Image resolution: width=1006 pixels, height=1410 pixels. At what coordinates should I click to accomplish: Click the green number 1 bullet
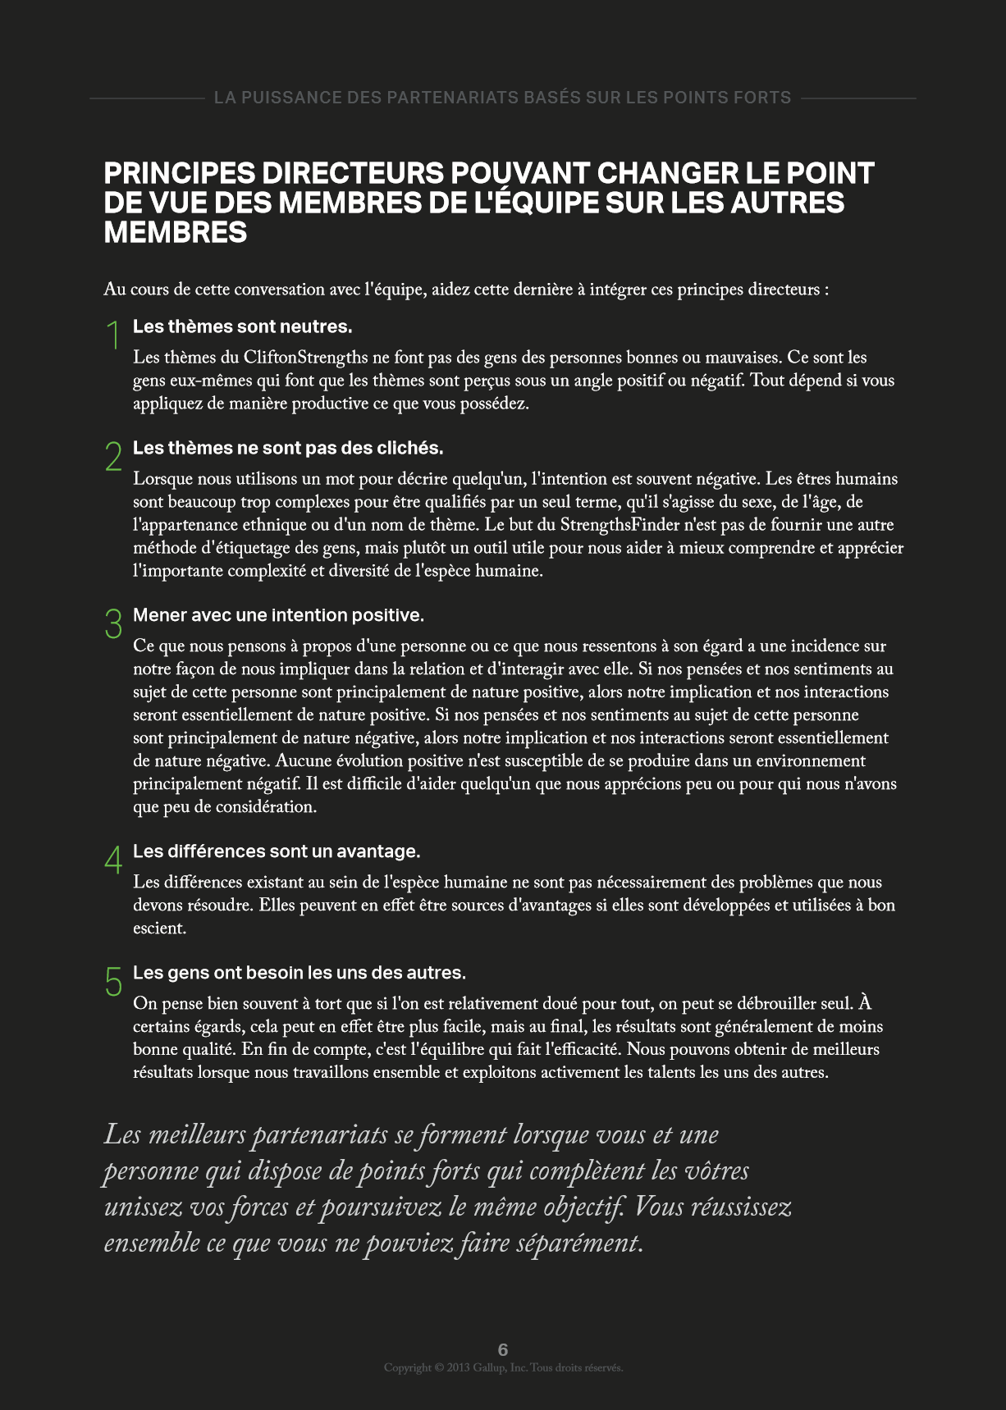114,335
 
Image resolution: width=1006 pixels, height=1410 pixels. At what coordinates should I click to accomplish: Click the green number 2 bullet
114,456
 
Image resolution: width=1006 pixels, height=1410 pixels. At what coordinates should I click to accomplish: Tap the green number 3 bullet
114,623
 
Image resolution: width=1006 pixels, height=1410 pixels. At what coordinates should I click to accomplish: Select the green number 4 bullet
114,860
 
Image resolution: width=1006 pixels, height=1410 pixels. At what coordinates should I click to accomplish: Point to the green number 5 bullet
114,981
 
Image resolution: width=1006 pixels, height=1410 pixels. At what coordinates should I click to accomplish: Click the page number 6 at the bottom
503,1349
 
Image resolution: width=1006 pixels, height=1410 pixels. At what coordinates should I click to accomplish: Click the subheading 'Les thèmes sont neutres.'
242,326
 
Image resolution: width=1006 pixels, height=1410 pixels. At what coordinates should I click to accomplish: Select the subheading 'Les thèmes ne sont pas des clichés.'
288,448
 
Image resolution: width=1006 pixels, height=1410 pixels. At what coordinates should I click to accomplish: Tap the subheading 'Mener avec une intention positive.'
278,615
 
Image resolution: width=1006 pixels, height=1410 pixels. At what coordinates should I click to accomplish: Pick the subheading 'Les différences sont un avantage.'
277,851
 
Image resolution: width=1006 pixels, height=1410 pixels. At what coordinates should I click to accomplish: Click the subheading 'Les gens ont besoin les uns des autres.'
299,973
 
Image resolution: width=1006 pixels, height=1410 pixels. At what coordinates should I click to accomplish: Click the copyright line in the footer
503,1367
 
